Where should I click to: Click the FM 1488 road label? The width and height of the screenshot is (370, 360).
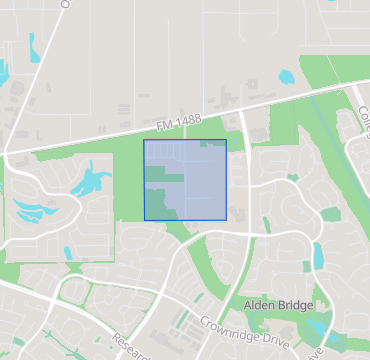pyautogui.click(x=179, y=121)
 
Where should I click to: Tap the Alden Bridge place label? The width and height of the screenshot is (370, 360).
pyautogui.click(x=279, y=303)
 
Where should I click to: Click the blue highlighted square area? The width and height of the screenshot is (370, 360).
pyautogui.click(x=185, y=180)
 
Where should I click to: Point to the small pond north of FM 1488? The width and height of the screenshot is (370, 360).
pyautogui.click(x=286, y=76)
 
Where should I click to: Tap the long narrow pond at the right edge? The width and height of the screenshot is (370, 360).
pyautogui.click(x=318, y=256)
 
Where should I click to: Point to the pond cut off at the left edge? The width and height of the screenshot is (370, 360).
pyautogui.click(x=3, y=71)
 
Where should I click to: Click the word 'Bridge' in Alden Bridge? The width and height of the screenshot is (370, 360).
pyautogui.click(x=294, y=303)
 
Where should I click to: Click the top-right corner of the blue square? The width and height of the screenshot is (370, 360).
pyautogui.click(x=226, y=140)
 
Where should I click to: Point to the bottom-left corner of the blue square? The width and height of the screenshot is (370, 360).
pyautogui.click(x=144, y=220)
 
